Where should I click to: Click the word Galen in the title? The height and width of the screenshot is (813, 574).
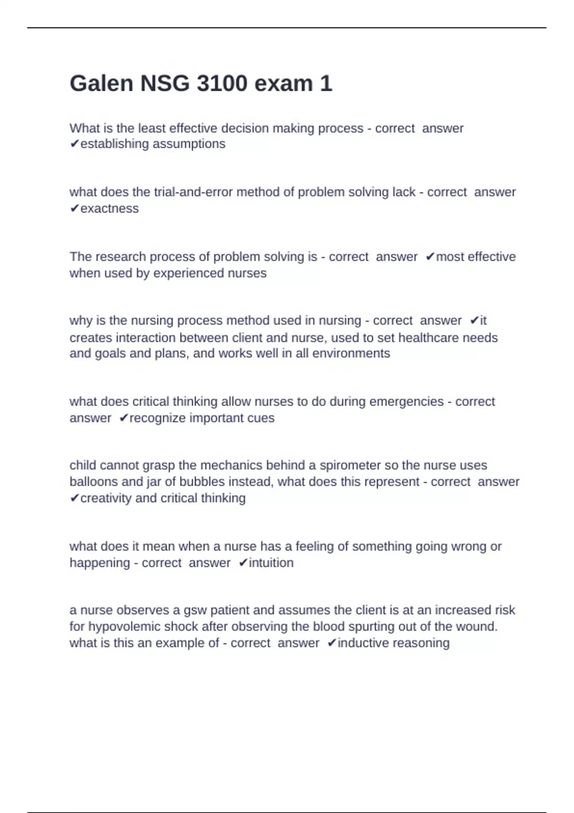pos(101,84)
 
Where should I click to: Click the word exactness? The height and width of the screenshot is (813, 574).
pos(110,209)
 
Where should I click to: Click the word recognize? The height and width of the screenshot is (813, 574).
pos(158,418)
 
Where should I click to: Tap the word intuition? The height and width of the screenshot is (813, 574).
pos(271,563)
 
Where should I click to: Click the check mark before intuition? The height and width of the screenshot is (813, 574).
pos(243,563)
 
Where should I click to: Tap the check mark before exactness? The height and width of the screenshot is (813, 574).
pos(75,209)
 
